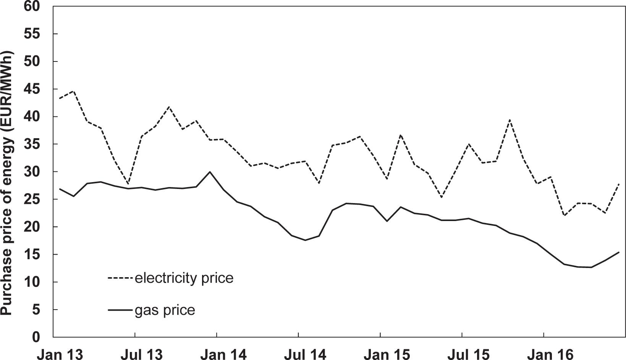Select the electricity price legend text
184,278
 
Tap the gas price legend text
165,310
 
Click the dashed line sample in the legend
121,278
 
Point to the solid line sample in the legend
121,310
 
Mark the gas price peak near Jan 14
210,172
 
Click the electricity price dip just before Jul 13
128,184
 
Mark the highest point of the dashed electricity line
73,91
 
